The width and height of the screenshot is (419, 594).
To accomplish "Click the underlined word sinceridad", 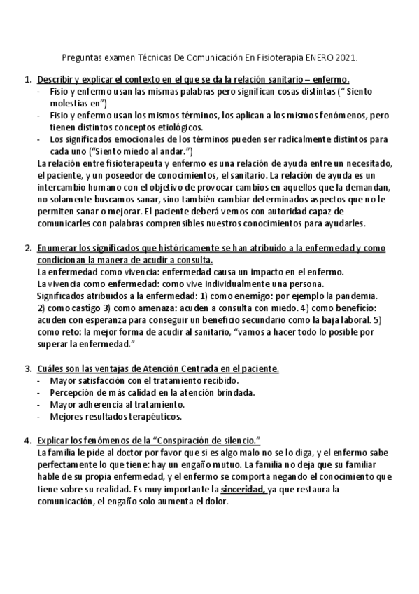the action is (x=243, y=489).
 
